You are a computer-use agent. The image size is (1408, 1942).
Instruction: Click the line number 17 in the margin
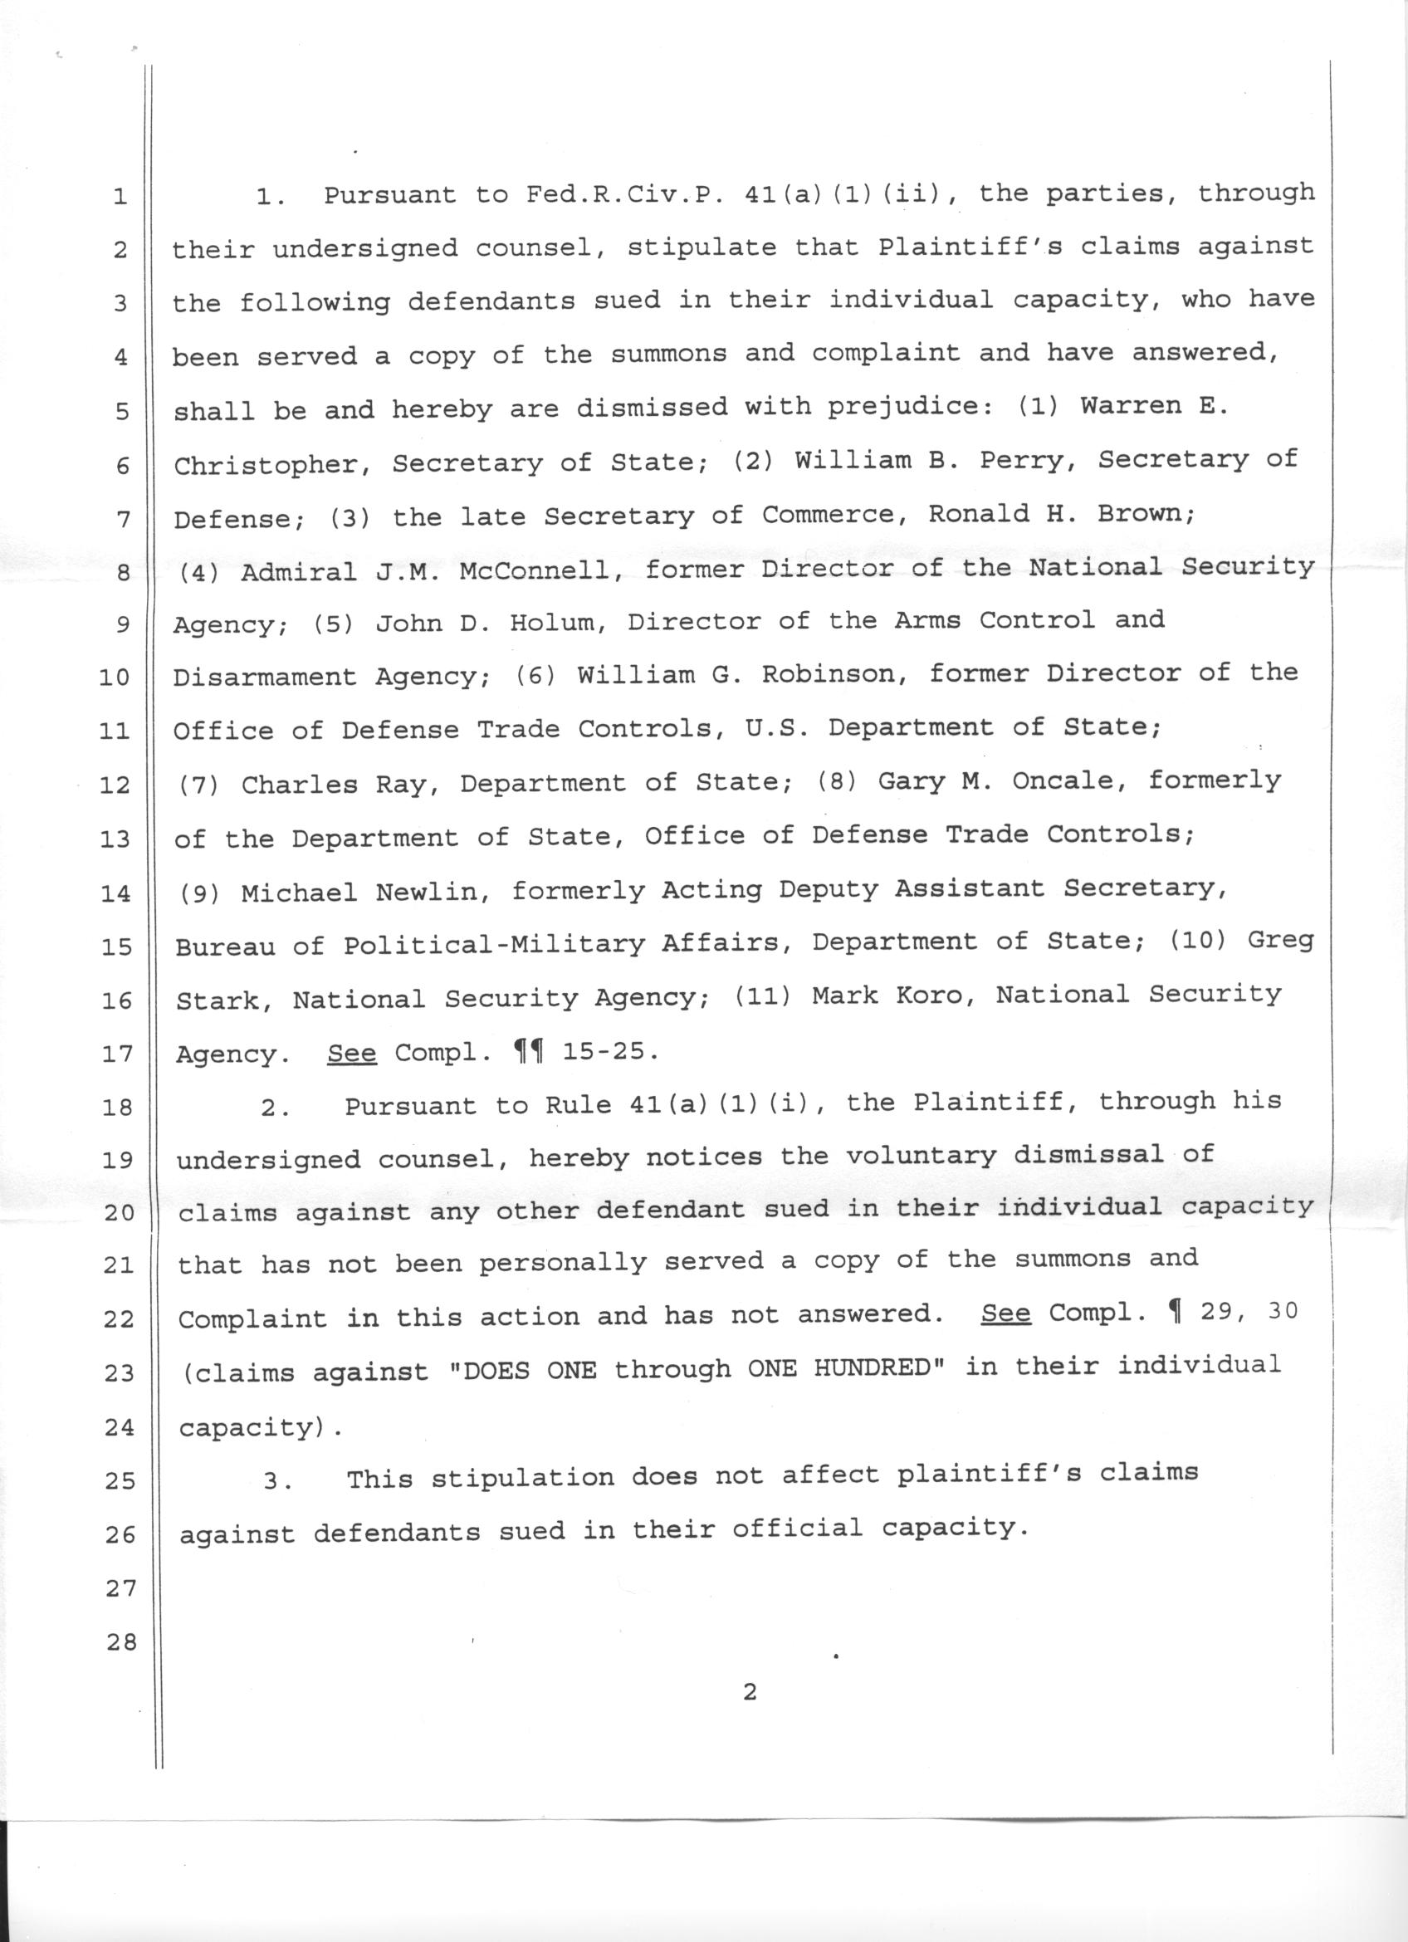point(115,1054)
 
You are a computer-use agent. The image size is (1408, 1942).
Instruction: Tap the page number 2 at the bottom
point(750,1715)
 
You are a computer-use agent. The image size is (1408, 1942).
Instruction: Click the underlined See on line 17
point(351,1051)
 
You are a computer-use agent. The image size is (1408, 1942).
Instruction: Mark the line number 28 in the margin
point(120,1641)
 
